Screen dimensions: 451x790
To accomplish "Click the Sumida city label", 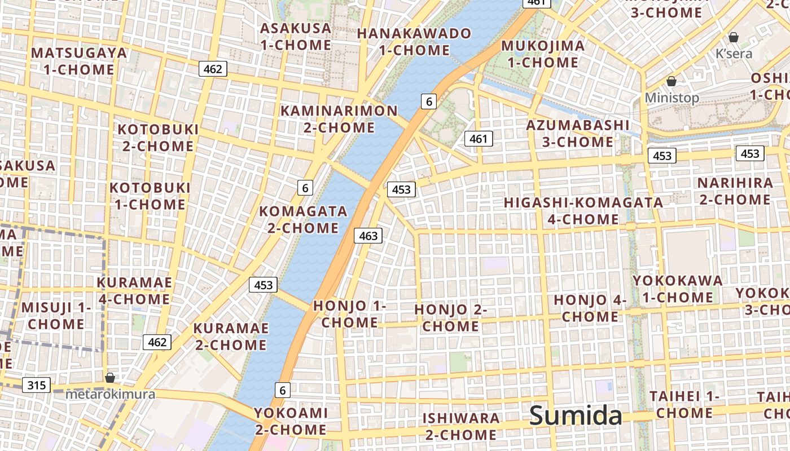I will (576, 416).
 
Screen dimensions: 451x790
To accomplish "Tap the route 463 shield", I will (368, 236).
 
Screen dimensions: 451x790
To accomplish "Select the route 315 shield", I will (37, 386).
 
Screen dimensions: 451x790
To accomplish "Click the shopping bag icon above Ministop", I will (671, 81).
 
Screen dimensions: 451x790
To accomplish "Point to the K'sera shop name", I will (734, 54).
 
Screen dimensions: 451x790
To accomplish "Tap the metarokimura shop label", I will (110, 394).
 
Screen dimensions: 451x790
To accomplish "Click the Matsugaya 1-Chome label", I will (79, 61).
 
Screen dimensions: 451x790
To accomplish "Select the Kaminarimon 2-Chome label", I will (339, 119).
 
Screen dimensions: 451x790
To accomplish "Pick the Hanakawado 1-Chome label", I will (414, 42).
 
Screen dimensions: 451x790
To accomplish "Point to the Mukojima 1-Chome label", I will (543, 54).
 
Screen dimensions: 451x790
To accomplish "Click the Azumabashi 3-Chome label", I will (577, 133).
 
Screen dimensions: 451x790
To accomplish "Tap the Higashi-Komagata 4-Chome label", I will (583, 210).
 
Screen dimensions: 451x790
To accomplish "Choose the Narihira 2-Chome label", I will (735, 191).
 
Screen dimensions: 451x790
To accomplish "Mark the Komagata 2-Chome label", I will (303, 219).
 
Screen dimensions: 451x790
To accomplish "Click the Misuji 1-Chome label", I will (56, 316).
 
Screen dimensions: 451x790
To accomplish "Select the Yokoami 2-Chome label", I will (291, 421).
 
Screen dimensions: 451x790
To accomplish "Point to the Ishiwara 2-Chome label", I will (461, 426).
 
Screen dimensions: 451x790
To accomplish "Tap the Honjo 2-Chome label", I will (450, 318).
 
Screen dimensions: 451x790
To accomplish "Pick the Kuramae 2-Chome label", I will (230, 337).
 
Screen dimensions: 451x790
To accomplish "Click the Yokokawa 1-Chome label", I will (677, 289).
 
